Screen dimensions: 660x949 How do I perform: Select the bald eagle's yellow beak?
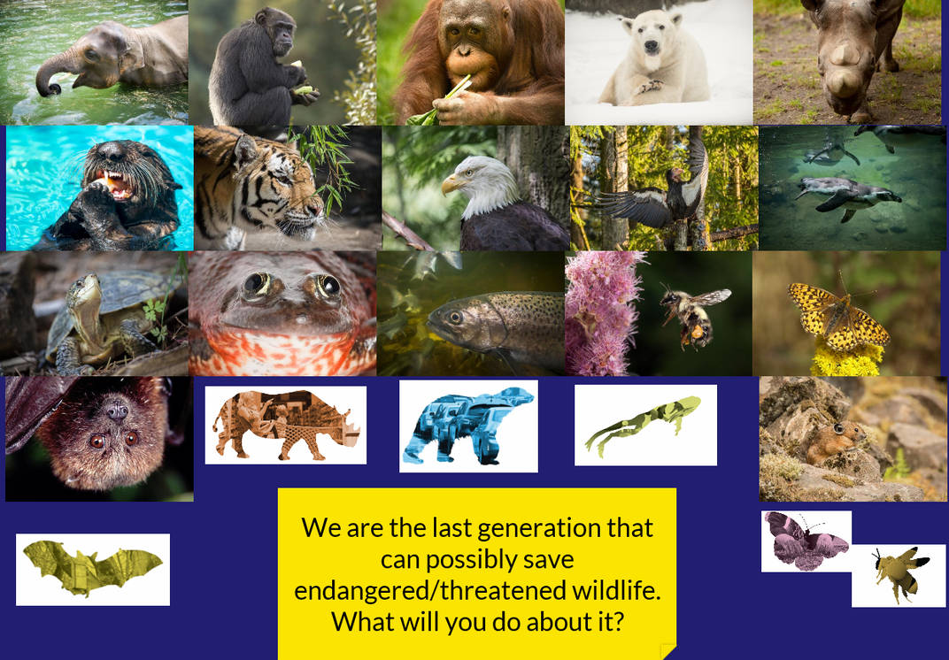click(454, 183)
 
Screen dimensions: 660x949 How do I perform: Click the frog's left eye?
click(257, 283)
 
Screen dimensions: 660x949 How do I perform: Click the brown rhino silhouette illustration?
click(285, 426)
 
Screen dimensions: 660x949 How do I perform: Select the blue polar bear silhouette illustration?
click(468, 426)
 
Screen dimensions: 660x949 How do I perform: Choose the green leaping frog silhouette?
click(644, 424)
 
